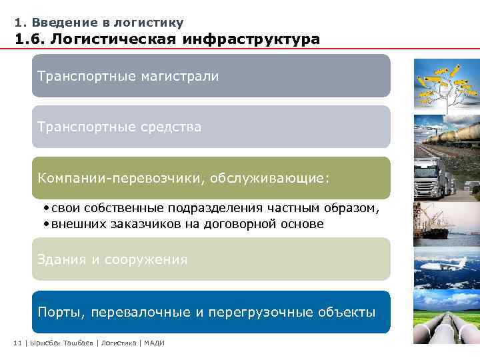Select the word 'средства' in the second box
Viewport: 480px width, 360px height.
point(171,127)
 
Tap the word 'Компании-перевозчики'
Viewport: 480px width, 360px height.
point(113,178)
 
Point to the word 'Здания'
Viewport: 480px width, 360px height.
point(61,259)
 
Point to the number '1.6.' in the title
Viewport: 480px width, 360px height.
point(31,39)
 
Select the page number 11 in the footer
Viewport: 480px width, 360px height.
point(17,343)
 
